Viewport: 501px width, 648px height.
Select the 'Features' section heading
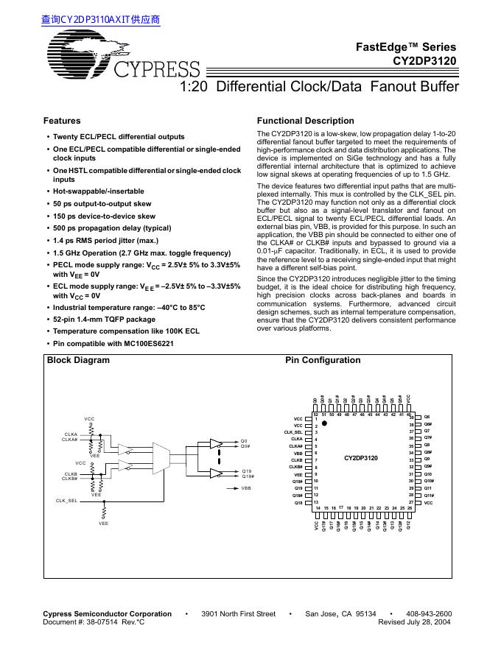pos(62,121)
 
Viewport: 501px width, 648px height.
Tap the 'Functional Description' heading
pos(305,121)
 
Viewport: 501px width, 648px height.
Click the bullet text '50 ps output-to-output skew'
pos(102,203)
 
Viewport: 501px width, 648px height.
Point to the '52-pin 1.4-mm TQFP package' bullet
pos(104,319)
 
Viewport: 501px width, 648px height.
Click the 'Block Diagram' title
pos(78,360)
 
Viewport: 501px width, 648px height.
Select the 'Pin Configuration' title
pos(323,360)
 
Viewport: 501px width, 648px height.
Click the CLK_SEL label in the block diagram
pos(66,500)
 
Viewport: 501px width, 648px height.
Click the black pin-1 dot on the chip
pos(323,425)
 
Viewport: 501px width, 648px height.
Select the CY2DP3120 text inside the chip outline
pos(360,458)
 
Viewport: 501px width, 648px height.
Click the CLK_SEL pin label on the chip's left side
pos(293,432)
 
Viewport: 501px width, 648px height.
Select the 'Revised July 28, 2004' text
pos(414,622)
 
